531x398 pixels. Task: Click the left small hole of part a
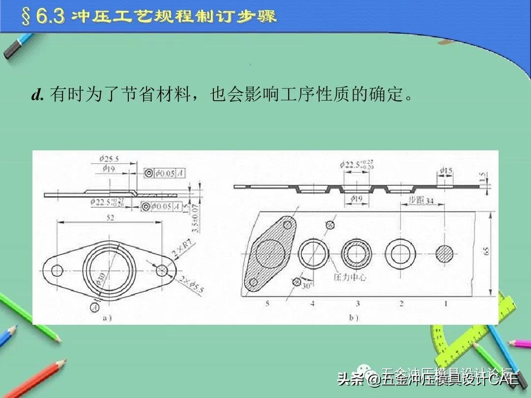point(57,270)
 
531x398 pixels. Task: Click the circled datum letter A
point(93,307)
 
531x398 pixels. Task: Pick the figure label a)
point(107,318)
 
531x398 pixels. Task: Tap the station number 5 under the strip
point(267,304)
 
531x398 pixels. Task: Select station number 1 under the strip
point(446,304)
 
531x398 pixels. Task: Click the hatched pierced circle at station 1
point(445,253)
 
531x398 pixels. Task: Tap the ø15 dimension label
point(445,171)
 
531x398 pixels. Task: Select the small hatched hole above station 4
point(330,225)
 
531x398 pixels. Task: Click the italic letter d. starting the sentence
point(38,95)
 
